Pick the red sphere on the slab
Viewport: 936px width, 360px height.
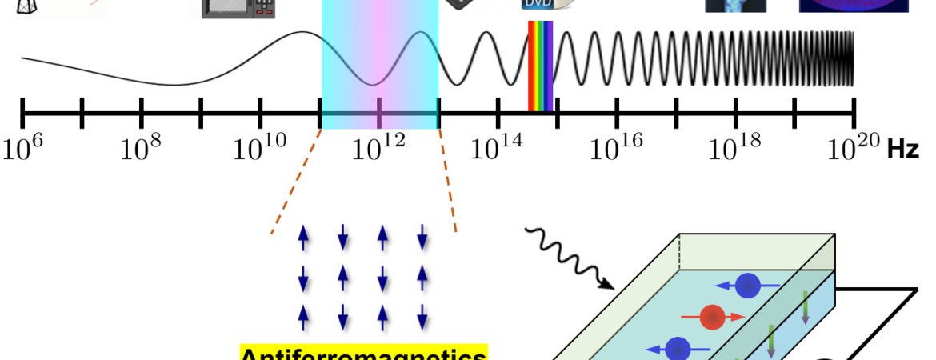712,318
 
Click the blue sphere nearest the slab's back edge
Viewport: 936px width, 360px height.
747,286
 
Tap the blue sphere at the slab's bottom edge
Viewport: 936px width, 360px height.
678,349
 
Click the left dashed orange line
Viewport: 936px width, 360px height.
296,181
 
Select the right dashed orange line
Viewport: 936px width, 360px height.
448,181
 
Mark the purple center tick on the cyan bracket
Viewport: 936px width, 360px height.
379,114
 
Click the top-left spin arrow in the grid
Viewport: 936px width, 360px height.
302,237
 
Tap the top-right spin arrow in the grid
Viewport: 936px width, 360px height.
422,237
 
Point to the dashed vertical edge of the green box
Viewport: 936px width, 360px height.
680,252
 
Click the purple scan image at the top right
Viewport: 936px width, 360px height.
853,6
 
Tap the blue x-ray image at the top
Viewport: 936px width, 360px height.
735,6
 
